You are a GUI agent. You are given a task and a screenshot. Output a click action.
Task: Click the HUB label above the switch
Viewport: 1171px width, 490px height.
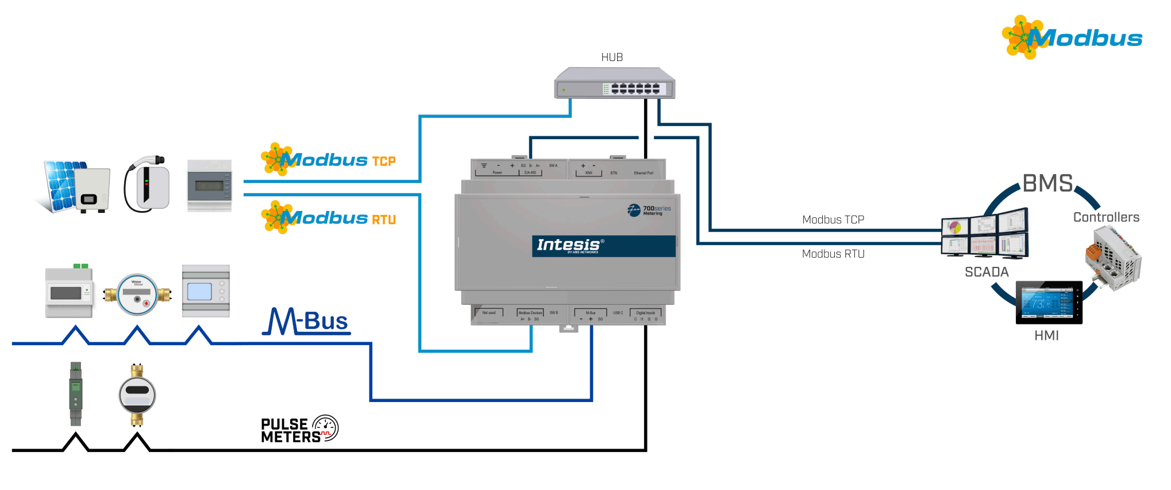[612, 58]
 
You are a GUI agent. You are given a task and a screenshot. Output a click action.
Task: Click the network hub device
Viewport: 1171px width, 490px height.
[614, 83]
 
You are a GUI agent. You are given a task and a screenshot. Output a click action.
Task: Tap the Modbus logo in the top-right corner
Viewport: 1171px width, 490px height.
[1072, 37]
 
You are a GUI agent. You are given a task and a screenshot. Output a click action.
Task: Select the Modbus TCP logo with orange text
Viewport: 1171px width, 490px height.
[329, 159]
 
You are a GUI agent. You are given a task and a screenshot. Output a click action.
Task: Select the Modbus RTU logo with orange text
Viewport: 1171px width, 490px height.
[329, 217]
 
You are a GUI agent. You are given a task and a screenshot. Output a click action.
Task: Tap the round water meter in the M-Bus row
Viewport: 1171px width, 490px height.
[137, 294]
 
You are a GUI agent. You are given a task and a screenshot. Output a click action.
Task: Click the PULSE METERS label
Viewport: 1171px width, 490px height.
[299, 430]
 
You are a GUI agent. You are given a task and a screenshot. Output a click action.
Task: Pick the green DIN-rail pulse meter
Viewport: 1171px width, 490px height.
[76, 393]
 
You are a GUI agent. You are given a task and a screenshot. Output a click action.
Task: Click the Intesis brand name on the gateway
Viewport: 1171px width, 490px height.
[568, 245]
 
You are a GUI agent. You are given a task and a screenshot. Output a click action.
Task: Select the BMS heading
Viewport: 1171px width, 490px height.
[1047, 183]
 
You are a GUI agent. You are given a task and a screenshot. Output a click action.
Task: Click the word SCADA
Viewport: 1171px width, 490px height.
[987, 272]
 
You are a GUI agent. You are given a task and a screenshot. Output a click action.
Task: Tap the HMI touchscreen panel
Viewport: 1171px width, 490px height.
[1049, 303]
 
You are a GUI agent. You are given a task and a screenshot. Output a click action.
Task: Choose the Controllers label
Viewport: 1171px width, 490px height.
[1106, 217]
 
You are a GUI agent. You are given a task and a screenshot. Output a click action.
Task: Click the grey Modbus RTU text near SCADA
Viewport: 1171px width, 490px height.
[833, 254]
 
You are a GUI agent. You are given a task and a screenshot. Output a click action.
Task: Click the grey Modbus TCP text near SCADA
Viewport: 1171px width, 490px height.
[833, 220]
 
